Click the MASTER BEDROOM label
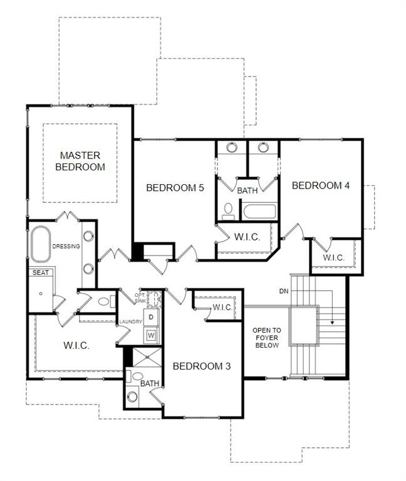(80, 161)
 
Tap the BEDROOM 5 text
(175, 187)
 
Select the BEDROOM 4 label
(320, 185)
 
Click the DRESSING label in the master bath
(66, 246)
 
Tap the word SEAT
(39, 272)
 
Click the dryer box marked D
(151, 318)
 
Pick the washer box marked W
(151, 335)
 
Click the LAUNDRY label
(131, 322)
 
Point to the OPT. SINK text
(140, 297)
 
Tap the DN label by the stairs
(284, 291)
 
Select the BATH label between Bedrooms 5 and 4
(247, 189)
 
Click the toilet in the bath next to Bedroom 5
(229, 210)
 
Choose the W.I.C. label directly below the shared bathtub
(247, 237)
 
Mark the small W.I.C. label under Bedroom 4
(333, 257)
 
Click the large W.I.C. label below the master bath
(76, 346)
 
